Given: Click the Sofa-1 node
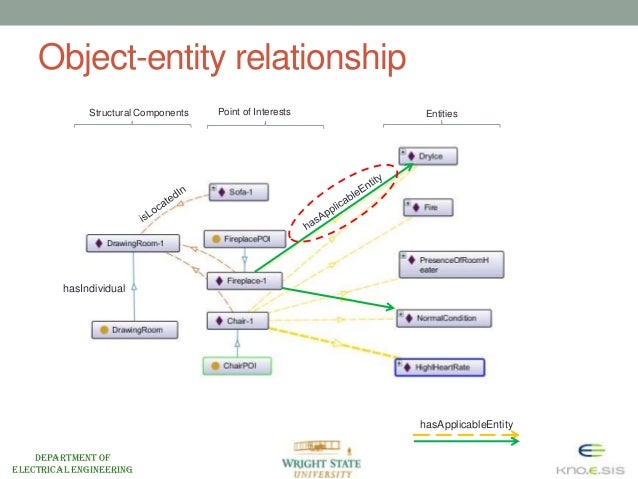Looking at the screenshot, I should (238, 191).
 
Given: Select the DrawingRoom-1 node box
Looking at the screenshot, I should (131, 243).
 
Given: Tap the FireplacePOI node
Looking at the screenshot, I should (237, 239).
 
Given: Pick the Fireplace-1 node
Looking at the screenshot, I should (244, 281).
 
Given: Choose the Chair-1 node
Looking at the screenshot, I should (238, 321).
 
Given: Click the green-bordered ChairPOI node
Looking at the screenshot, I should (236, 366).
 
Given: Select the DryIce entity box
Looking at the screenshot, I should (431, 156).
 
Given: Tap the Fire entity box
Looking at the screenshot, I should (427, 208).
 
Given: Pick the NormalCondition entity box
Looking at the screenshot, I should (445, 318).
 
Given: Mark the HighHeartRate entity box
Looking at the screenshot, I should (440, 367).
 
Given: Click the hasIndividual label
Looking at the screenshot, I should (93, 288).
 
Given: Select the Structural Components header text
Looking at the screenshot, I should (139, 113).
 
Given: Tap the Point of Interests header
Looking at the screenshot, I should (254, 112).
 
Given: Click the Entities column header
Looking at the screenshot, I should (441, 114).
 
